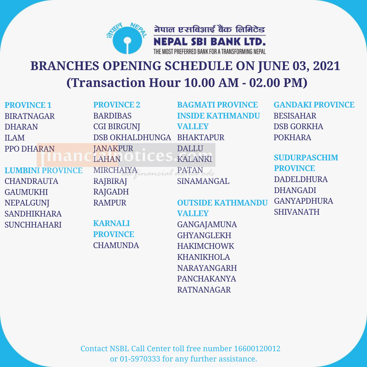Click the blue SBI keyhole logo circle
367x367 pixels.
click(x=127, y=40)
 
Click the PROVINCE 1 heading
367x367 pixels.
click(x=28, y=105)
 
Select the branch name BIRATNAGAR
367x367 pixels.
click(x=29, y=116)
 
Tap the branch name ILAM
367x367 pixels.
click(x=15, y=138)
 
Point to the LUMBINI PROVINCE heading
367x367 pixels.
click(x=44, y=170)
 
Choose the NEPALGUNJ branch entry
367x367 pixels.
click(x=27, y=203)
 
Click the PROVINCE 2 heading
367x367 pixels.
click(x=117, y=105)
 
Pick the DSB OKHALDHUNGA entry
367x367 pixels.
click(x=132, y=137)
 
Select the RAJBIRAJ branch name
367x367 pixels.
click(x=110, y=181)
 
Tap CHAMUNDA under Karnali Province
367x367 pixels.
click(x=116, y=245)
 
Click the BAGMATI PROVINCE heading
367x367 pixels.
click(x=217, y=105)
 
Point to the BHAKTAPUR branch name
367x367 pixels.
click(x=201, y=137)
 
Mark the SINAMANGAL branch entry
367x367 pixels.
click(x=203, y=181)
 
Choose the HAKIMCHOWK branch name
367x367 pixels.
click(x=206, y=246)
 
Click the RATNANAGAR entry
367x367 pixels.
click(x=204, y=290)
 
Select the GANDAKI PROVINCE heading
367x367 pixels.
click(x=314, y=105)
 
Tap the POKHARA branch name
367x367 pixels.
click(x=292, y=137)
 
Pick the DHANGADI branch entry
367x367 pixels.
click(x=295, y=190)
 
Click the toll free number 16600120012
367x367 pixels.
click(x=257, y=349)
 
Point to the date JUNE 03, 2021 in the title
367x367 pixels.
click(x=299, y=66)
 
